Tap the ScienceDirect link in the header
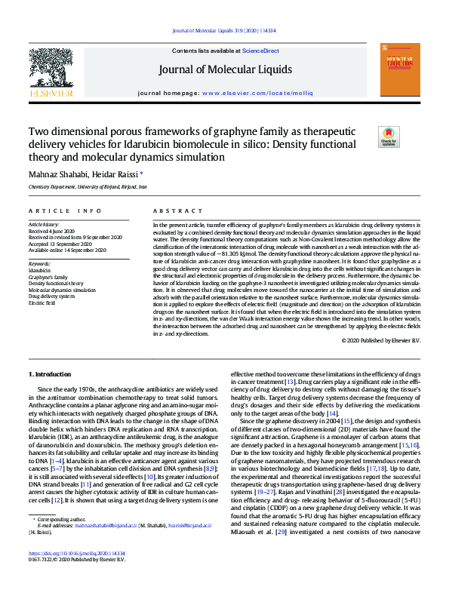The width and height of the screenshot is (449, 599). [260, 51]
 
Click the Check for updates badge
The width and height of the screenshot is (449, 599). [388, 137]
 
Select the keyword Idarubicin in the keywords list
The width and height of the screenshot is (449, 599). [40, 269]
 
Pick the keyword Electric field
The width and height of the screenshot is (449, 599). [43, 303]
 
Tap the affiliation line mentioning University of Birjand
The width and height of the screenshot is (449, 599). [88, 186]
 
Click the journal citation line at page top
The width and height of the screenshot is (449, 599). [224, 29]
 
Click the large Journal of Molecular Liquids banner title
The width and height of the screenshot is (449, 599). [225, 70]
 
